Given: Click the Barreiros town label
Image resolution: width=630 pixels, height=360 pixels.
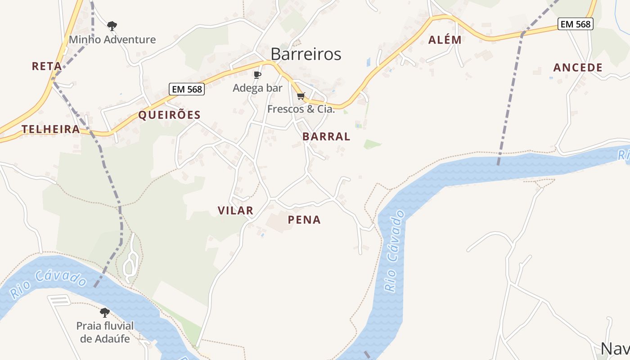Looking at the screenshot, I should [x=306, y=54].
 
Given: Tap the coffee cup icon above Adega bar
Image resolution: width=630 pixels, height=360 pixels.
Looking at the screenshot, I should [x=257, y=75].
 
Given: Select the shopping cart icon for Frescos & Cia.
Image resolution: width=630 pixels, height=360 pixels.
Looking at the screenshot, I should [x=301, y=96].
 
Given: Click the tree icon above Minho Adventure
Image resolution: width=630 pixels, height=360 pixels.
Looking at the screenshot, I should [x=112, y=26].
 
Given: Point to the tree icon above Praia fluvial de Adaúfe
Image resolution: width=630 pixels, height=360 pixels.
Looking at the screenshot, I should [x=105, y=312].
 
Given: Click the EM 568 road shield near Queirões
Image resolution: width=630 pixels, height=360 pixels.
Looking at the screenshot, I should [x=187, y=89].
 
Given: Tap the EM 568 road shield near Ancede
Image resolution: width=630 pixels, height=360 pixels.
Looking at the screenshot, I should [x=576, y=24].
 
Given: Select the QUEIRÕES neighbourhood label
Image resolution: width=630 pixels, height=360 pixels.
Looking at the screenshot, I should [x=169, y=115].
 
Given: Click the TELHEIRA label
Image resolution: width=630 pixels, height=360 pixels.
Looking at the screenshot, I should [x=50, y=129].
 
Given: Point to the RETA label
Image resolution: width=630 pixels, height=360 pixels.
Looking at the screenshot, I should [x=47, y=66].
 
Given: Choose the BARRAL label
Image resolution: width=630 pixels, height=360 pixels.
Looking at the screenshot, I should [x=326, y=136].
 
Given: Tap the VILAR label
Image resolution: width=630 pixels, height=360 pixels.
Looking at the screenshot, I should [x=235, y=210].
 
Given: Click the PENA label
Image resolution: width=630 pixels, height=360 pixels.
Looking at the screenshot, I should [x=304, y=220].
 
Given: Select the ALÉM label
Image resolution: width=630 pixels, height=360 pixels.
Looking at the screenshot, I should [x=445, y=40].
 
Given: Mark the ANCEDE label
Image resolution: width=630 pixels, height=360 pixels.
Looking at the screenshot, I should [x=578, y=67].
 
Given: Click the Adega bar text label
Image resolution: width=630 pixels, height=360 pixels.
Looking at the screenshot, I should [x=257, y=88].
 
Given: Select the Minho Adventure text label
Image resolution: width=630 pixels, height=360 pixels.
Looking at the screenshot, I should [x=112, y=40].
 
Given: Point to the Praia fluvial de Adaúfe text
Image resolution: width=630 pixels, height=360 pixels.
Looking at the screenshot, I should [x=105, y=332].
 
